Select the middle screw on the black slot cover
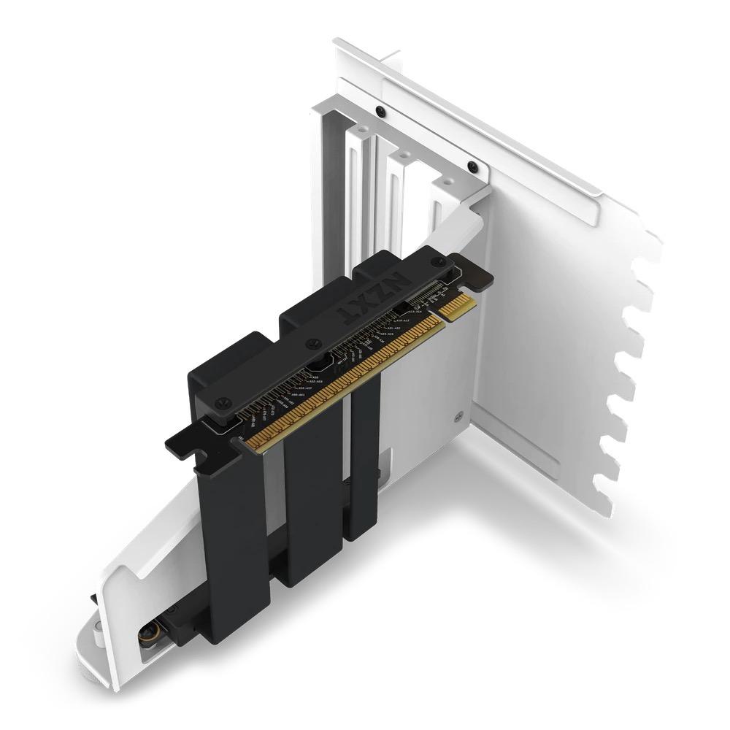tap(314, 342)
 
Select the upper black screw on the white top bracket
tap(380, 111)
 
